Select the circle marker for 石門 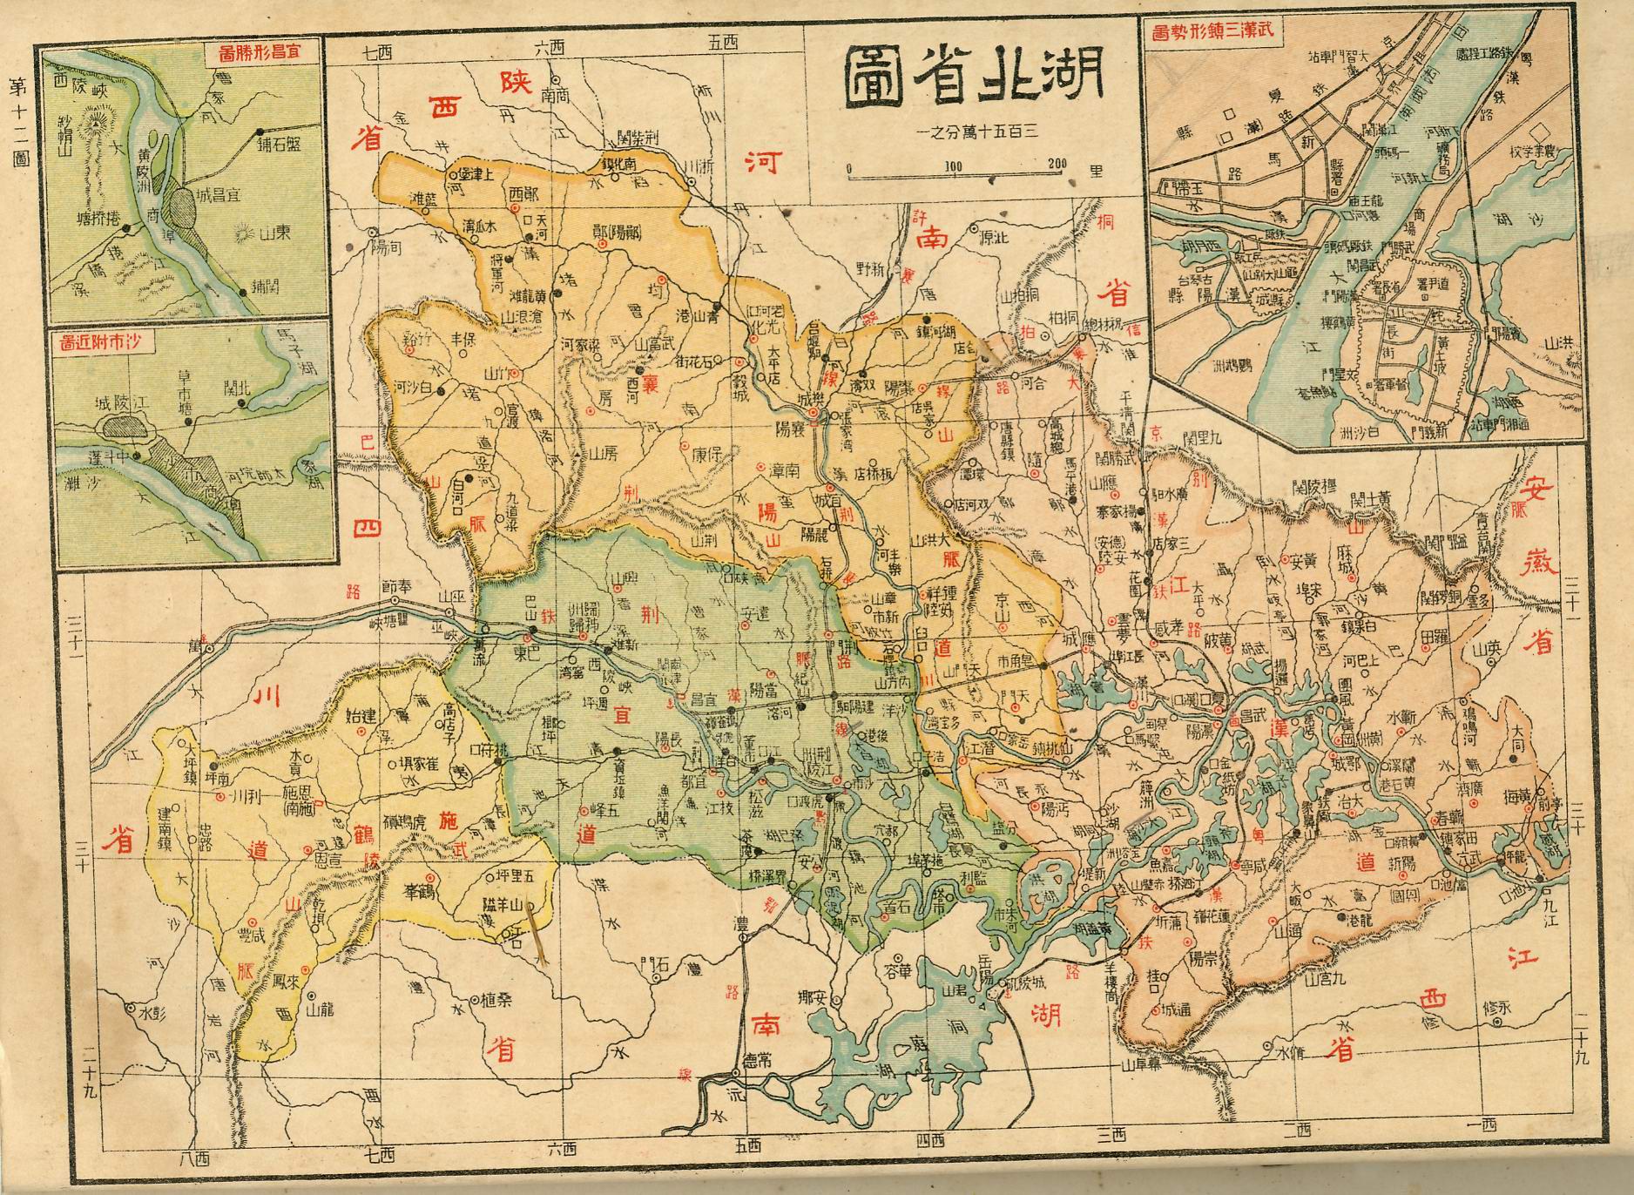click(x=656, y=977)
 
